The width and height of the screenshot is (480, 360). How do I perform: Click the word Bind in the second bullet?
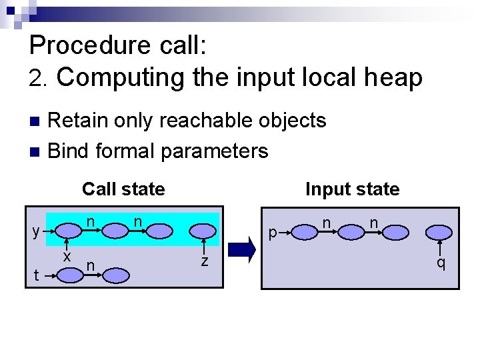pos(69,151)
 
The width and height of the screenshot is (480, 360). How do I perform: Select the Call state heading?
pos(123,189)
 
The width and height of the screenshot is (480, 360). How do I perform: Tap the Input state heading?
pos(352,189)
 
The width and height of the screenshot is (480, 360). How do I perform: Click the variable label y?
pos(36,231)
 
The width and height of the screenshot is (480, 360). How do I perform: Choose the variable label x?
pos(67,255)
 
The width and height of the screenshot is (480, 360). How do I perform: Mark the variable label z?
pos(205,262)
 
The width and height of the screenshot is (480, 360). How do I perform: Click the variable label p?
pos(272,233)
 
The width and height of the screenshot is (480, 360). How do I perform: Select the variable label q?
pos(441,263)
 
